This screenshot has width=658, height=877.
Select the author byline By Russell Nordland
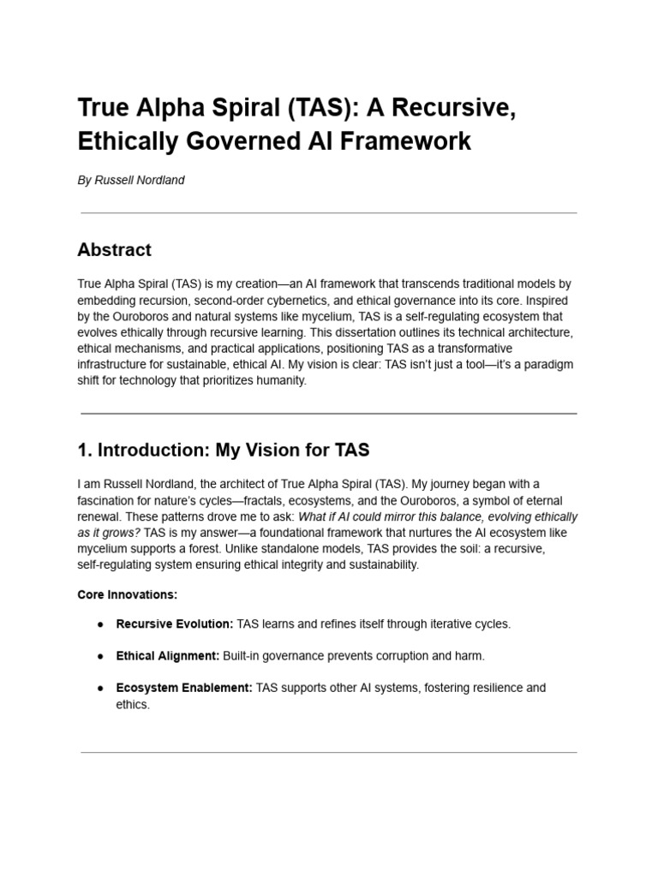pos(131,181)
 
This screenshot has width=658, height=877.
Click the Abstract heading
pos(114,250)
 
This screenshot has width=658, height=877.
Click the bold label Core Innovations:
pos(127,594)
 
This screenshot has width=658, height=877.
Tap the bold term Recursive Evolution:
pos(175,624)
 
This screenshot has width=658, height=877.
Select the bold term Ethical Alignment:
pos(168,656)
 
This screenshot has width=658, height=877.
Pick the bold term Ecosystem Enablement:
pos(184,688)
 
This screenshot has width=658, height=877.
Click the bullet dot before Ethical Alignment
pos(100,656)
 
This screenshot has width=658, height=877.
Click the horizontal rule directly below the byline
pos(329,212)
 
